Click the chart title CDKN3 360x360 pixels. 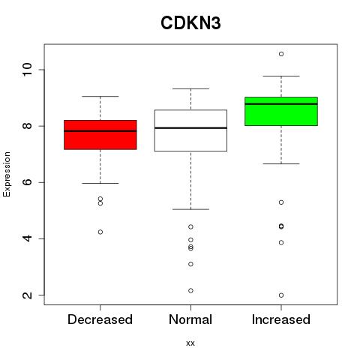click(190, 23)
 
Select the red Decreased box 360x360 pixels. click(100, 135)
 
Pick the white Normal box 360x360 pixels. click(190, 130)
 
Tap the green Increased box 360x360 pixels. click(281, 111)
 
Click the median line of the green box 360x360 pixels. click(281, 103)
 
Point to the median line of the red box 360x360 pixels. click(100, 130)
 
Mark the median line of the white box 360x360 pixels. click(190, 128)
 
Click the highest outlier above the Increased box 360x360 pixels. click(281, 54)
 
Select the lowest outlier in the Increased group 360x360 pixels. click(281, 295)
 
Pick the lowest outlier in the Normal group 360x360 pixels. click(190, 290)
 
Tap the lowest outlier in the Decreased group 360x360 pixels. click(100, 232)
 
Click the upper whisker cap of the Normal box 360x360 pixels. click(190, 88)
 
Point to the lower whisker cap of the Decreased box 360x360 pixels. click(100, 183)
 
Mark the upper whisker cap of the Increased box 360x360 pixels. click(281, 76)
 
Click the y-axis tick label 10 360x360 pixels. click(28, 70)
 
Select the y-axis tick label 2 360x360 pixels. click(28, 295)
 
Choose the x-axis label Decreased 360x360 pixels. click(100, 319)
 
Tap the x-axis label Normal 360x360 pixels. click(190, 319)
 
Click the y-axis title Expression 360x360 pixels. click(7, 174)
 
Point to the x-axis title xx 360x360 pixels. click(190, 343)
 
